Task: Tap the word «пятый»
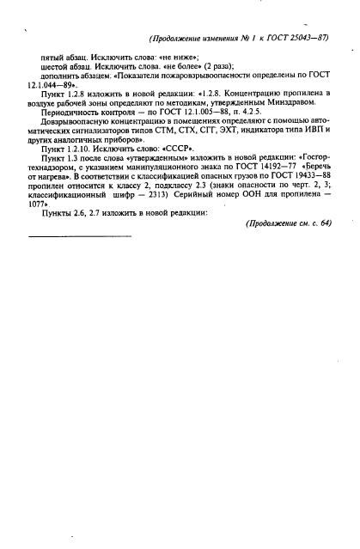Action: pyautogui.click(x=52, y=57)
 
